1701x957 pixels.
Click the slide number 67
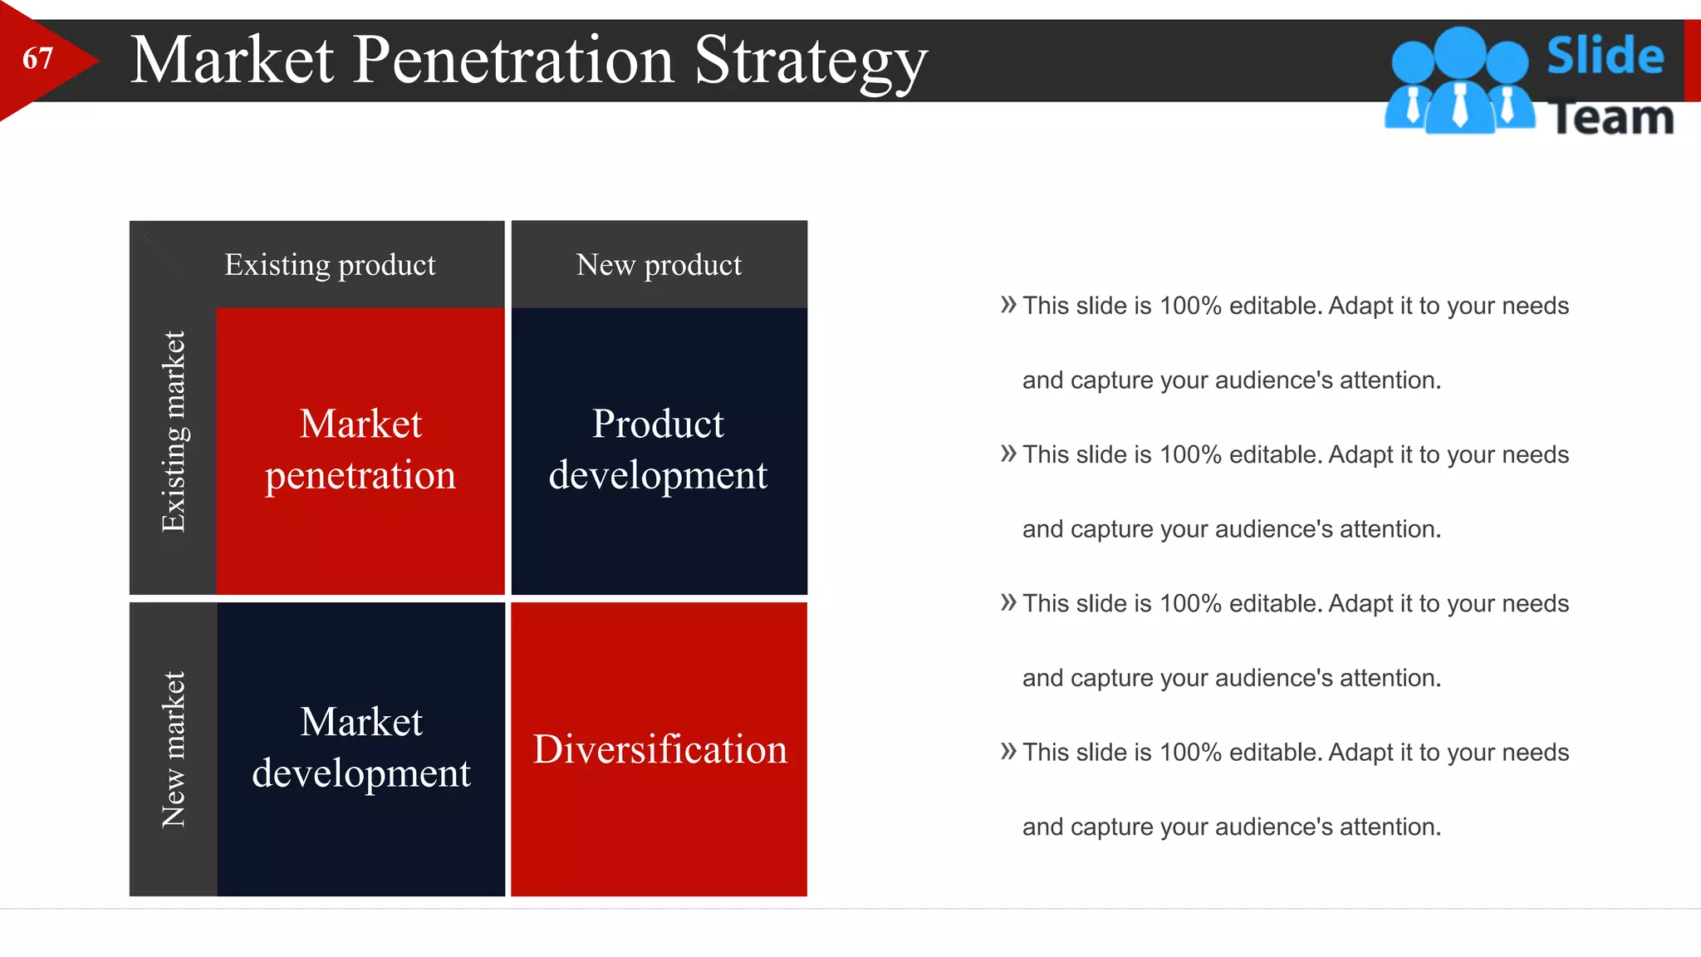tap(37, 59)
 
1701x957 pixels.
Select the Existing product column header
tap(330, 265)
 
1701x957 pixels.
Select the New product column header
tap(659, 265)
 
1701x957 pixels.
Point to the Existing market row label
tap(174, 431)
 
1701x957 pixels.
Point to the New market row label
tap(174, 748)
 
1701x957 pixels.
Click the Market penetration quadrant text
tap(360, 449)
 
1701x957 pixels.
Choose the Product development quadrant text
tap(658, 449)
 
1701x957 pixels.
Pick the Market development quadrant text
tap(361, 747)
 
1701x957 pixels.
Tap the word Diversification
tap(659, 749)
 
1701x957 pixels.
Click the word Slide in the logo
tap(1605, 56)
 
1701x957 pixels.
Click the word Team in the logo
tap(1611, 118)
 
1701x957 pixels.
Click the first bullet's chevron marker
tap(1008, 305)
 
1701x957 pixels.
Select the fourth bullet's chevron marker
tap(1008, 752)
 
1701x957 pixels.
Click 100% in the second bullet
tap(1190, 454)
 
